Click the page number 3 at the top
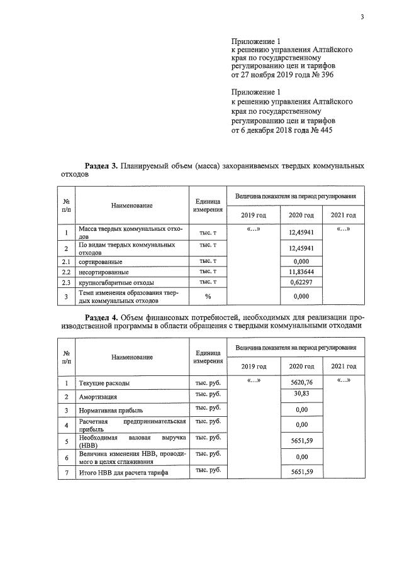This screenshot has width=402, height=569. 362,17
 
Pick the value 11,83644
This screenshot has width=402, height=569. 301,272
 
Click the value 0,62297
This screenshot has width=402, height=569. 301,283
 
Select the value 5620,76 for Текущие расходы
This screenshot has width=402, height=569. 301,382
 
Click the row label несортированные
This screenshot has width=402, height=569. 103,272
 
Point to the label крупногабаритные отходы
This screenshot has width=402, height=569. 116,283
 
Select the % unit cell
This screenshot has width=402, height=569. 207,296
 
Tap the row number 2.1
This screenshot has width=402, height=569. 66,261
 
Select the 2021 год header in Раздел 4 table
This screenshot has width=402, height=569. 343,366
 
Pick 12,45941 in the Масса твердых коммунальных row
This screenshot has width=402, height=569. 301,232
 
